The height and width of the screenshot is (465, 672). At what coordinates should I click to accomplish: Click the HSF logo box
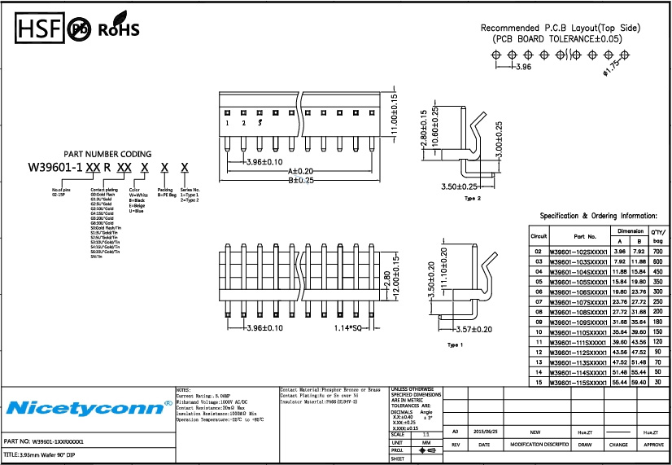pos(40,29)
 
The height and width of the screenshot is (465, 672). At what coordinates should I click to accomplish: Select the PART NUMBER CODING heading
pos(107,154)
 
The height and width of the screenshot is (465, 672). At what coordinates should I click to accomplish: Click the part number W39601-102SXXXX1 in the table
pos(578,252)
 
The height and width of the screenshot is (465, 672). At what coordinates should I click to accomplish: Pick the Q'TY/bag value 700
pos(658,252)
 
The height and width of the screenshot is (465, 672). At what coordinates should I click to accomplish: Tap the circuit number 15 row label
pos(538,382)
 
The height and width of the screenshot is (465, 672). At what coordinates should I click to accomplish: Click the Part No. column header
pos(578,236)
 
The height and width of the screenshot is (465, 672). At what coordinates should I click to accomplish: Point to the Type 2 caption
pos(473,199)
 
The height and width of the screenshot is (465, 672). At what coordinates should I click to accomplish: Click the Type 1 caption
pos(456,345)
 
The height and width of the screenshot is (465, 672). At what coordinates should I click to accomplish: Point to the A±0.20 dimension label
pos(300,171)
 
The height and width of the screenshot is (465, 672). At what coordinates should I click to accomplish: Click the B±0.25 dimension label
pos(300,180)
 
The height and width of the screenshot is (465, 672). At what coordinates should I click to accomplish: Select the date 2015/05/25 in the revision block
pos(486,432)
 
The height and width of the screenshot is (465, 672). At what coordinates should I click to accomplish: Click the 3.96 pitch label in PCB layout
pos(523,68)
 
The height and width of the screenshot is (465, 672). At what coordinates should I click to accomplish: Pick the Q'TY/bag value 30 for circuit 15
pos(658,382)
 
